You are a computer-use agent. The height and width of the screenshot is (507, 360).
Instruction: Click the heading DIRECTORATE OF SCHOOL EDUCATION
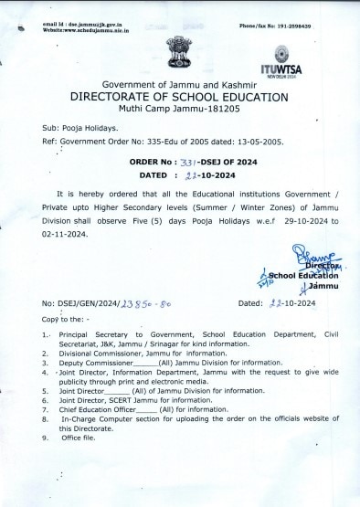tap(179, 97)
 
